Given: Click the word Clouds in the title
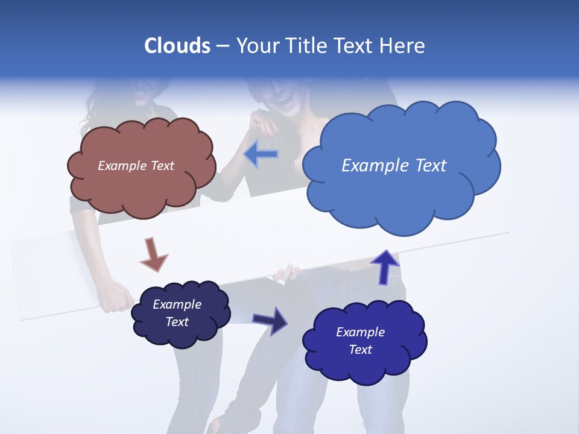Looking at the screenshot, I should click(177, 46).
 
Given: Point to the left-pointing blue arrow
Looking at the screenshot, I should click(261, 155).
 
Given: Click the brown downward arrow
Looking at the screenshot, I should click(153, 254).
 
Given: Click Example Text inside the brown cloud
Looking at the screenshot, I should click(136, 166).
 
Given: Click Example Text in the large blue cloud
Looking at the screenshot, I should click(394, 166).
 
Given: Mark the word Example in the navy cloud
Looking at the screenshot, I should click(177, 304).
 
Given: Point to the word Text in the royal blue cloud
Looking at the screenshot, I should click(360, 350).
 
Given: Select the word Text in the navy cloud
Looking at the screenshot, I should click(177, 322).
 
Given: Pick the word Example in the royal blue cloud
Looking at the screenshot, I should click(360, 332).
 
